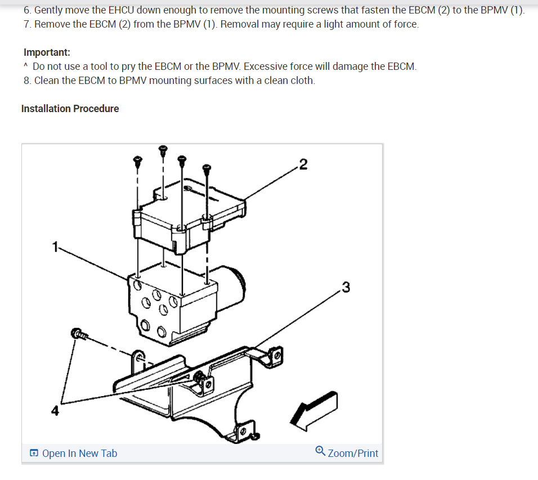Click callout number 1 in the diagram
55,246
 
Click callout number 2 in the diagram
303,165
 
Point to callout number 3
346,287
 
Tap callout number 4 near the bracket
55,411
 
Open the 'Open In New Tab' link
79,453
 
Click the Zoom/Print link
353,453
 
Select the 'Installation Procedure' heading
70,108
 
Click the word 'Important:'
47,52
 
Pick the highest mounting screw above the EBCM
163,150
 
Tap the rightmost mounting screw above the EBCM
207,168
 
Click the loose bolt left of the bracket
78,334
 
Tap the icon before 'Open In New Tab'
34,454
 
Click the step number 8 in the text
27,81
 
